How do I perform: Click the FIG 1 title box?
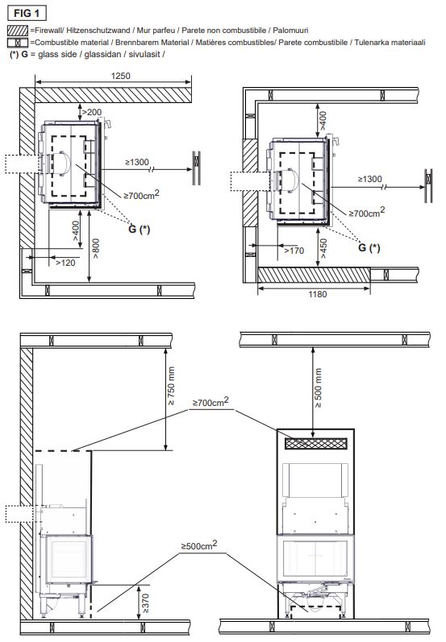pyautogui.click(x=27, y=13)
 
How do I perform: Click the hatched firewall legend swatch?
pyautogui.click(x=18, y=31)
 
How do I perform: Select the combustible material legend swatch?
pyautogui.click(x=18, y=43)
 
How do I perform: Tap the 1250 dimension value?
pyautogui.click(x=120, y=76)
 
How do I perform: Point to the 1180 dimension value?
pyautogui.click(x=318, y=294)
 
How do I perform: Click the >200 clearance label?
pyautogui.click(x=92, y=112)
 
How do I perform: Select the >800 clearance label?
pyautogui.click(x=96, y=249)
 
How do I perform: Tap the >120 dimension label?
pyautogui.click(x=65, y=263)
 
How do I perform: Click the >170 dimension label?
pyautogui.click(x=294, y=251)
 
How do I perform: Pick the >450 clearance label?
pyautogui.click(x=323, y=249)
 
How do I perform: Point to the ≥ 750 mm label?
pyautogui.click(x=171, y=386)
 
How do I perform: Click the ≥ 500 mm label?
pyautogui.click(x=318, y=388)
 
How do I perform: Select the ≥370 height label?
pyautogui.click(x=145, y=603)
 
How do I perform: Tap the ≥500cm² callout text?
pyautogui.click(x=199, y=545)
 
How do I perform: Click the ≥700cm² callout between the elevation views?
pyautogui.click(x=210, y=402)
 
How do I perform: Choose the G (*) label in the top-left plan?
pyautogui.click(x=140, y=229)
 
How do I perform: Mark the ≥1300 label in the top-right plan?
pyautogui.click(x=369, y=179)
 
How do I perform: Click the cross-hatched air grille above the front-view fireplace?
pyautogui.click(x=316, y=443)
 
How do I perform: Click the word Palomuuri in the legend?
pyautogui.click(x=290, y=31)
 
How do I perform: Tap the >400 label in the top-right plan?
pyautogui.click(x=323, y=120)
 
